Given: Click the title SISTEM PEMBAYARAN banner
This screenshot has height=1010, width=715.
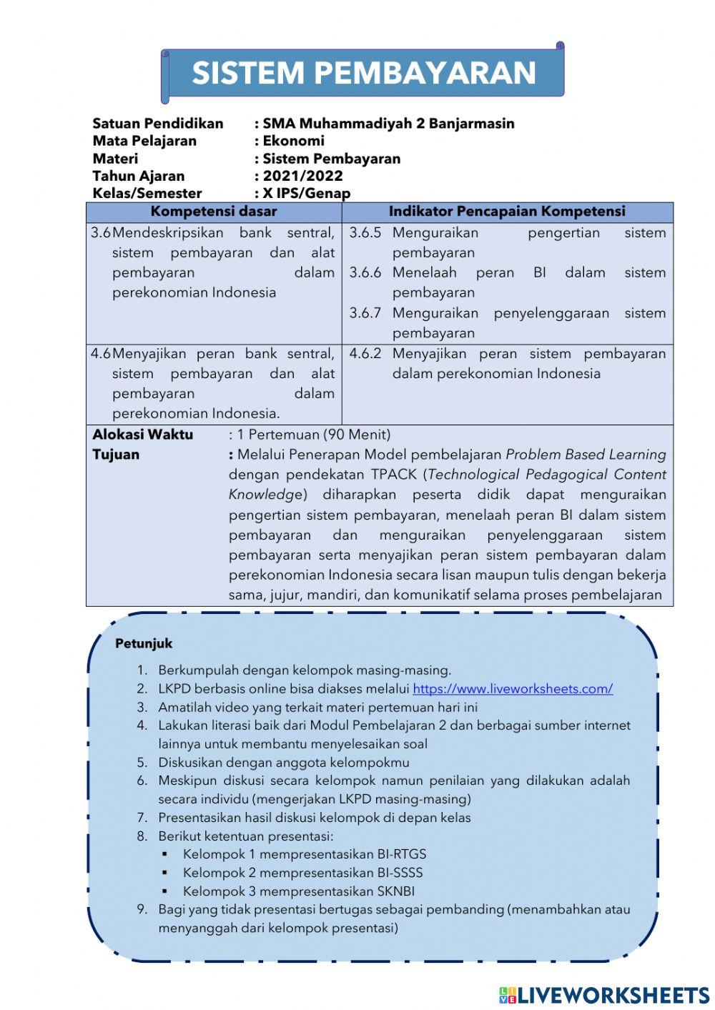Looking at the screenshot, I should (x=363, y=73).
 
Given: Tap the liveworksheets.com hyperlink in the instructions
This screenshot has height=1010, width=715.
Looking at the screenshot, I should (x=513, y=689).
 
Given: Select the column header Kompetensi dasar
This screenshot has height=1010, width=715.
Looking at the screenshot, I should (x=213, y=212).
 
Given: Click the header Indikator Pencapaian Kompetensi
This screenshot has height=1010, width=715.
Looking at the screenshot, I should (x=507, y=212).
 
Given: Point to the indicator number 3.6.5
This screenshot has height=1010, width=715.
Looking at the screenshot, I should (x=365, y=233).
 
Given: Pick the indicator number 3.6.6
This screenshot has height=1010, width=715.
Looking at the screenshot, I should (x=365, y=273).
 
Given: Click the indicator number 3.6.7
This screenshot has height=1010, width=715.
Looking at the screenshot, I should (x=365, y=313).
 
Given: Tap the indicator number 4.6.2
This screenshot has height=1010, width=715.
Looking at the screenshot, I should (x=365, y=354).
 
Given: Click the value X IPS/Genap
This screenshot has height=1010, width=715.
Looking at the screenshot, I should (x=306, y=193).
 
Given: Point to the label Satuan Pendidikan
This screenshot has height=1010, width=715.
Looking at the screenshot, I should (x=158, y=124).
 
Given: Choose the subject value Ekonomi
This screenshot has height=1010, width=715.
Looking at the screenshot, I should (x=293, y=141).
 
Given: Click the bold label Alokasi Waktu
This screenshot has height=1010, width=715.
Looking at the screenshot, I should (x=143, y=435).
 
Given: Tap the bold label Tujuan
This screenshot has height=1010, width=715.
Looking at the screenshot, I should (x=116, y=455).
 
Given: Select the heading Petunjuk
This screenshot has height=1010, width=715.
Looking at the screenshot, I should (x=144, y=643).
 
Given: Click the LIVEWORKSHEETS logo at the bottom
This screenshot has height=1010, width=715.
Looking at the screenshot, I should (x=604, y=995).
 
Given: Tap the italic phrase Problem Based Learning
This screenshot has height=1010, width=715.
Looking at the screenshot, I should (x=586, y=455).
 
